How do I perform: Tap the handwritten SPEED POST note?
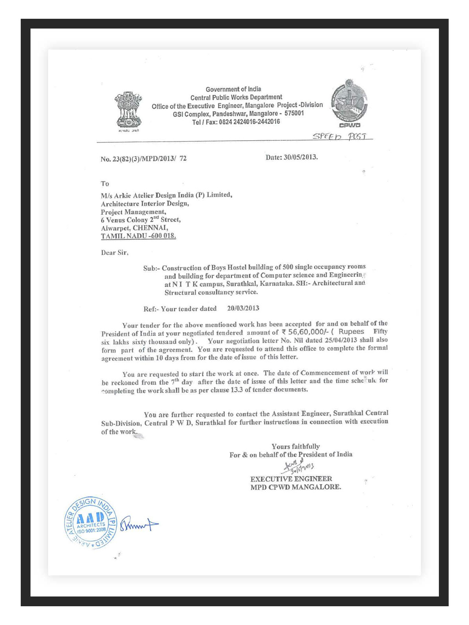341,136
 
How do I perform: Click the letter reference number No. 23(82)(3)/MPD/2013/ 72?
143,159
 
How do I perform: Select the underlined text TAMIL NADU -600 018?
138,236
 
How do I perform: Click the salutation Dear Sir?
115,253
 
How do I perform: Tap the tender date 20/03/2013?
243,308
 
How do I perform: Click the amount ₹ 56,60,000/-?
305,332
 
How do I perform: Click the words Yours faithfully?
295,446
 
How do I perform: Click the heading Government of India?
233,89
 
